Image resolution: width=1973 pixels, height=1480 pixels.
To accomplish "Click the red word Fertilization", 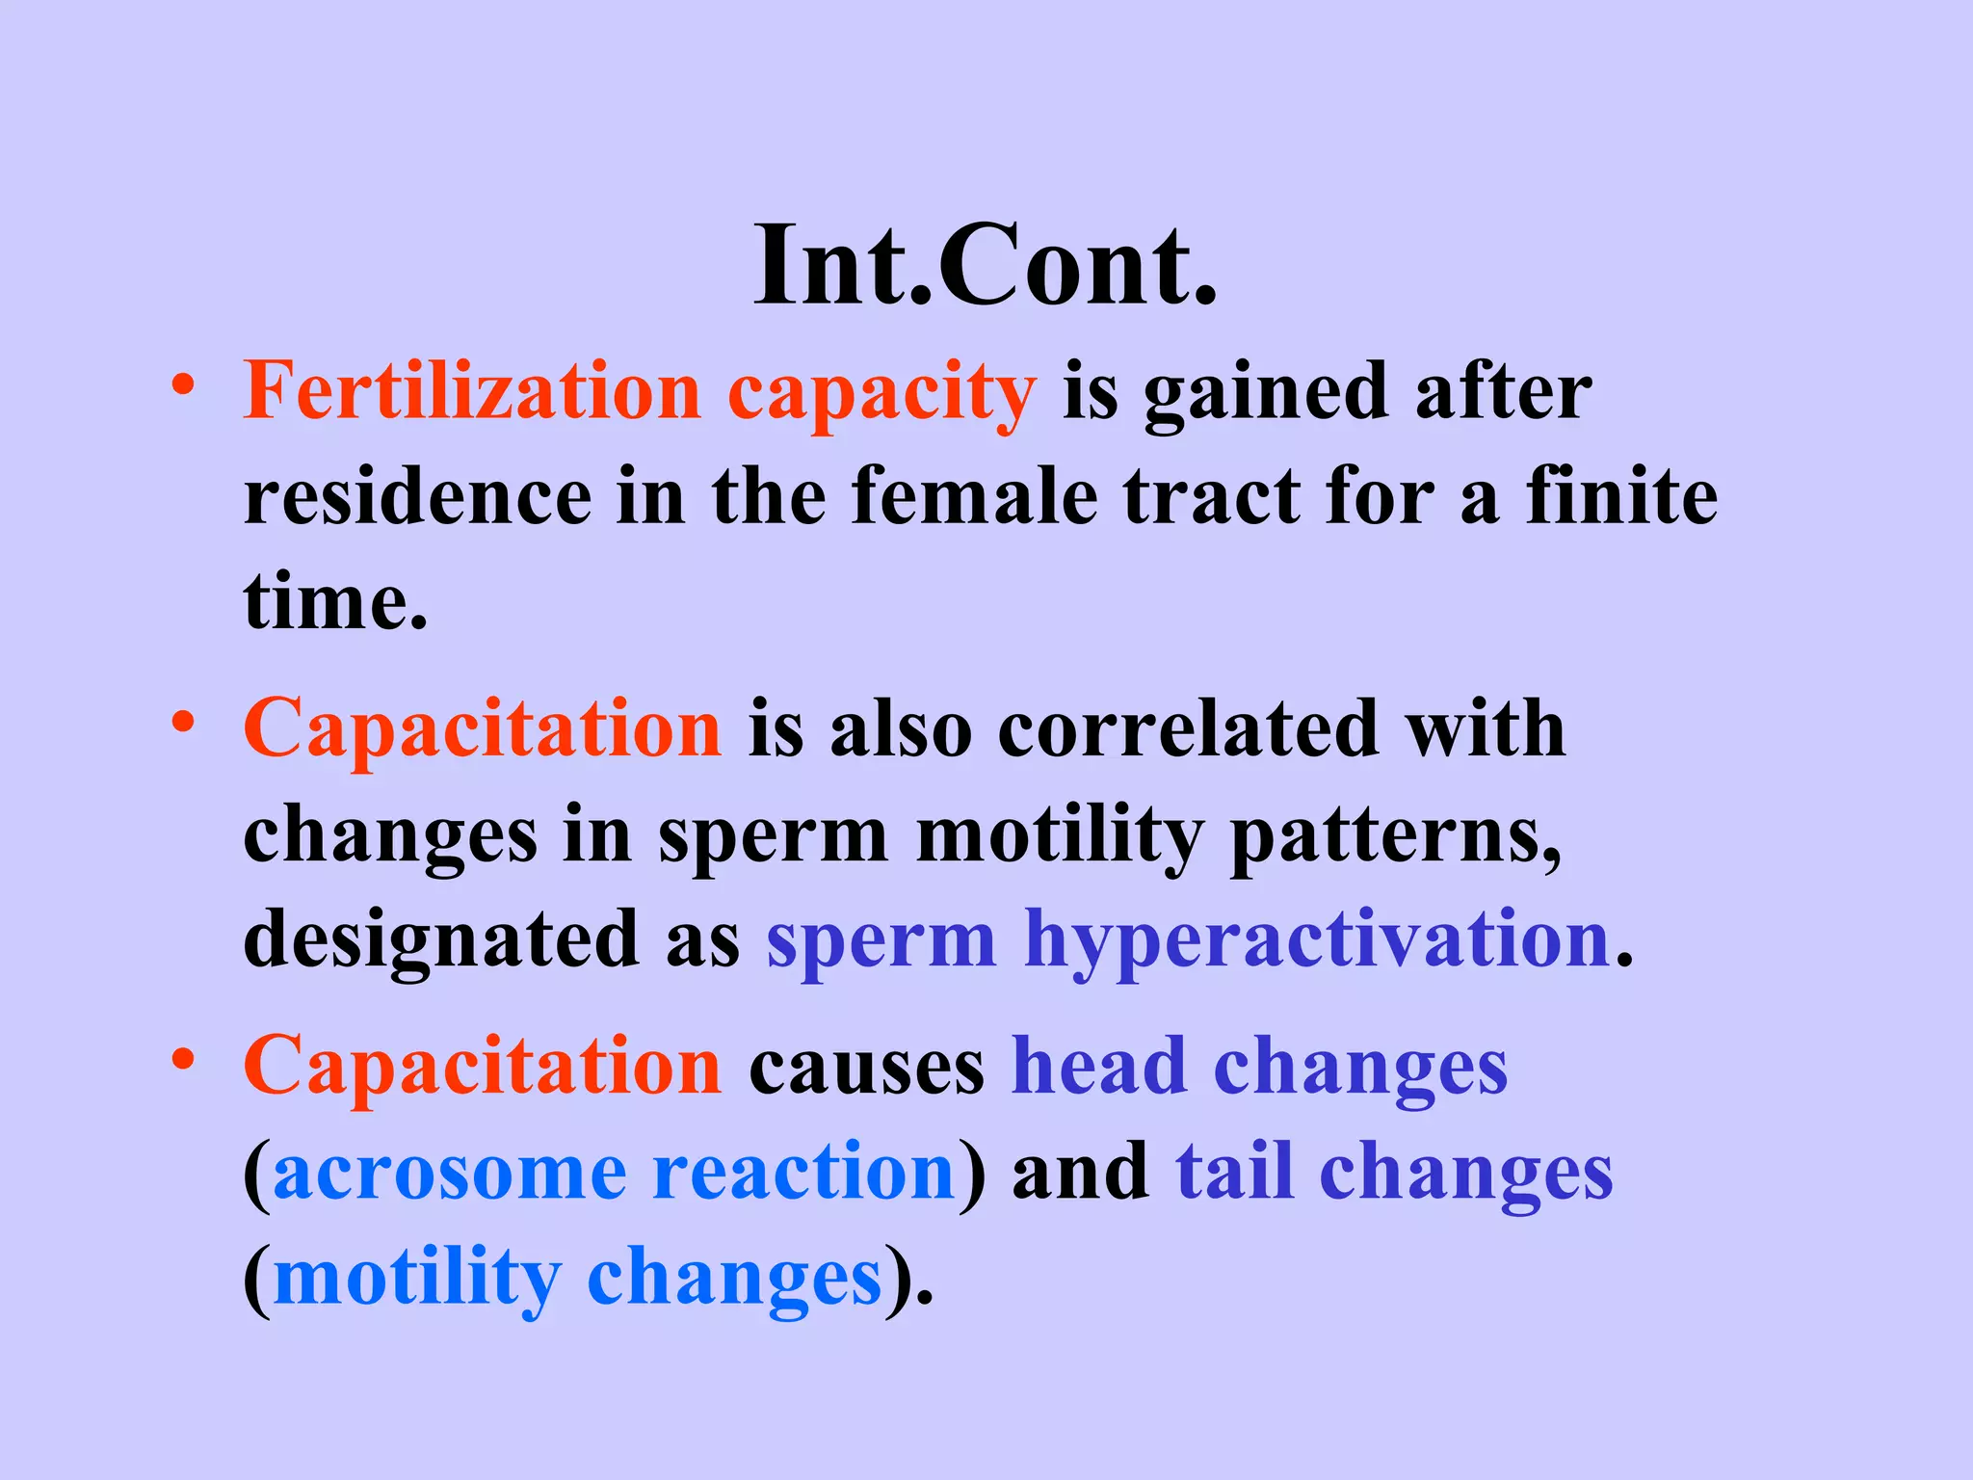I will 472,391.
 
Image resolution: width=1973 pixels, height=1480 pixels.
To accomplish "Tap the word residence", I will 417,497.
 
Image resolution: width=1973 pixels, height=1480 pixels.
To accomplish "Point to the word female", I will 974,497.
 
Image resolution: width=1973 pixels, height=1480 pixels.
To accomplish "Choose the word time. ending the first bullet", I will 335,602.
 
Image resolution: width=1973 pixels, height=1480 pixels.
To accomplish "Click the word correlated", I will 1188,729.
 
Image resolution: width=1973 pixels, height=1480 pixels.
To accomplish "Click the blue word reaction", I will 803,1173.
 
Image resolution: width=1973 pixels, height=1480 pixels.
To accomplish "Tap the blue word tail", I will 1234,1173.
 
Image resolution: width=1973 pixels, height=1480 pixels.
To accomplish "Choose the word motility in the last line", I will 417,1280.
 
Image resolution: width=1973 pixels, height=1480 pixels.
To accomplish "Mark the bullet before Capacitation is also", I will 183,723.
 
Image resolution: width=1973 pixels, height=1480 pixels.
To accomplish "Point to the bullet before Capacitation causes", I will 183,1060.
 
